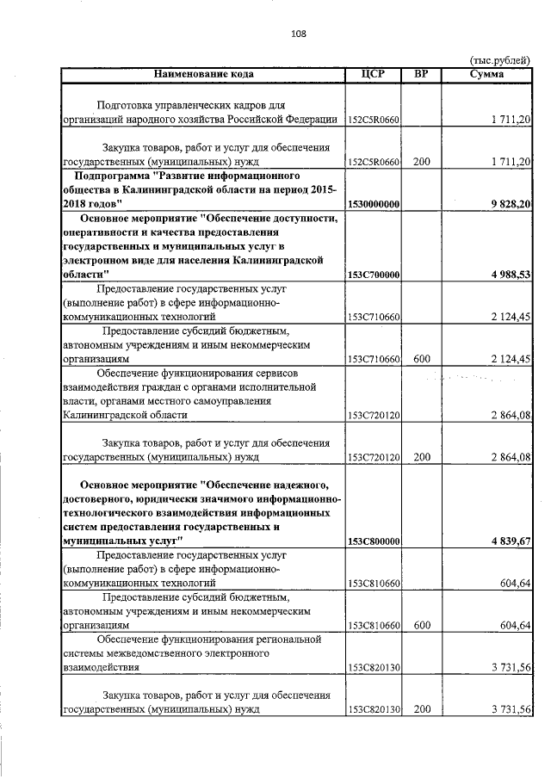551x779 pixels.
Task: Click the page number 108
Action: [x=298, y=34]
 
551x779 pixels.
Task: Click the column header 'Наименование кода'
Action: [x=204, y=74]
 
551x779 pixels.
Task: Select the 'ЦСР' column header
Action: [x=375, y=74]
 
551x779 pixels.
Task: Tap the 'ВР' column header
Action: [x=421, y=74]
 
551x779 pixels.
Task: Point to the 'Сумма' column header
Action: [x=486, y=74]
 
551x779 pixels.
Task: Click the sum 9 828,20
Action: [x=506, y=203]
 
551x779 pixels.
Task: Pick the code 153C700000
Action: [x=375, y=274]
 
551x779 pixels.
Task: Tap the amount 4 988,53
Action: [x=506, y=274]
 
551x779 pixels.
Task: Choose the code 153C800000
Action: [x=375, y=541]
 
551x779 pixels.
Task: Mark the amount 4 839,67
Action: [x=506, y=541]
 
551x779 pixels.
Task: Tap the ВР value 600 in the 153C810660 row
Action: [x=421, y=626]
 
